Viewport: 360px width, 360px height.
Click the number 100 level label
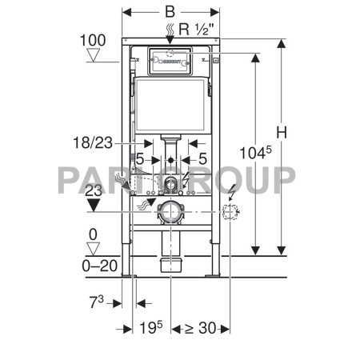click(x=93, y=39)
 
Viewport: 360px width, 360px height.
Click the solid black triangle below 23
click(x=94, y=206)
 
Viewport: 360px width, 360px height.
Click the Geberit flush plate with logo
click(x=170, y=60)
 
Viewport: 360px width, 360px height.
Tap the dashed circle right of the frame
click(x=231, y=213)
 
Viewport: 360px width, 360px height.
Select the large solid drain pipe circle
click(x=170, y=213)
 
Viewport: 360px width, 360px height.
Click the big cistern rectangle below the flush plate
click(x=170, y=105)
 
